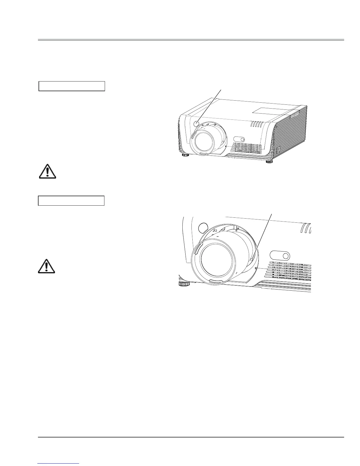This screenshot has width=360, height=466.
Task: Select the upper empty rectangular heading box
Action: (x=72, y=86)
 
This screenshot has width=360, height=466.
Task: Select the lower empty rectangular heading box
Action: (x=71, y=201)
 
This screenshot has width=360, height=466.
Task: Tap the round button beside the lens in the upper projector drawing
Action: (x=197, y=124)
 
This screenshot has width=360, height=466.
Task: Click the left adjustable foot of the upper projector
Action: (x=185, y=155)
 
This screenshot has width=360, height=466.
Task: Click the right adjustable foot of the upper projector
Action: (x=269, y=162)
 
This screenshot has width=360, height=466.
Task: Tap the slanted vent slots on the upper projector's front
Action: (x=256, y=125)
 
